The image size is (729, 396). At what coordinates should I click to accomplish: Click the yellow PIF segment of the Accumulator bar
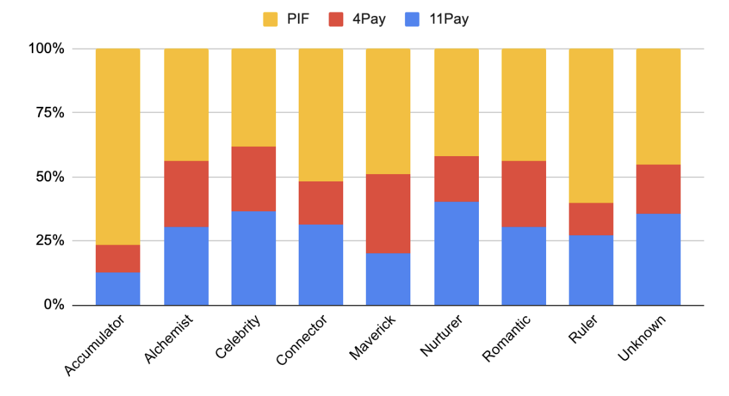click(118, 146)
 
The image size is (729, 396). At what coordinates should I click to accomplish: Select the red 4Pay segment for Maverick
click(388, 213)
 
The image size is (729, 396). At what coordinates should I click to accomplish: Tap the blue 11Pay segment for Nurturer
click(456, 253)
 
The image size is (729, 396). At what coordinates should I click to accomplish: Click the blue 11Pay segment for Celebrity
click(253, 258)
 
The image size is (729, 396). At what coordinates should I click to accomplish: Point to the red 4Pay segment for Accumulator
click(118, 258)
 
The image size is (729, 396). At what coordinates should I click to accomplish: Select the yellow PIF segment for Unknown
click(658, 106)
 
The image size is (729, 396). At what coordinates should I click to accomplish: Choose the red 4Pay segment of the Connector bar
click(321, 203)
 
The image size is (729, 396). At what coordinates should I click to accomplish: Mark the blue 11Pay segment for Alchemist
click(186, 266)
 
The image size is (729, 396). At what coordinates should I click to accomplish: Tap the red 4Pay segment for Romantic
click(523, 193)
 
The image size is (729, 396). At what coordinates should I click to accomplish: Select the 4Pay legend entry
click(359, 19)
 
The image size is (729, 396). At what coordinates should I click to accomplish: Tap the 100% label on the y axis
click(47, 49)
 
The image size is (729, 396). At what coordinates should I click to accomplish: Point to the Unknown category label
click(641, 339)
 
